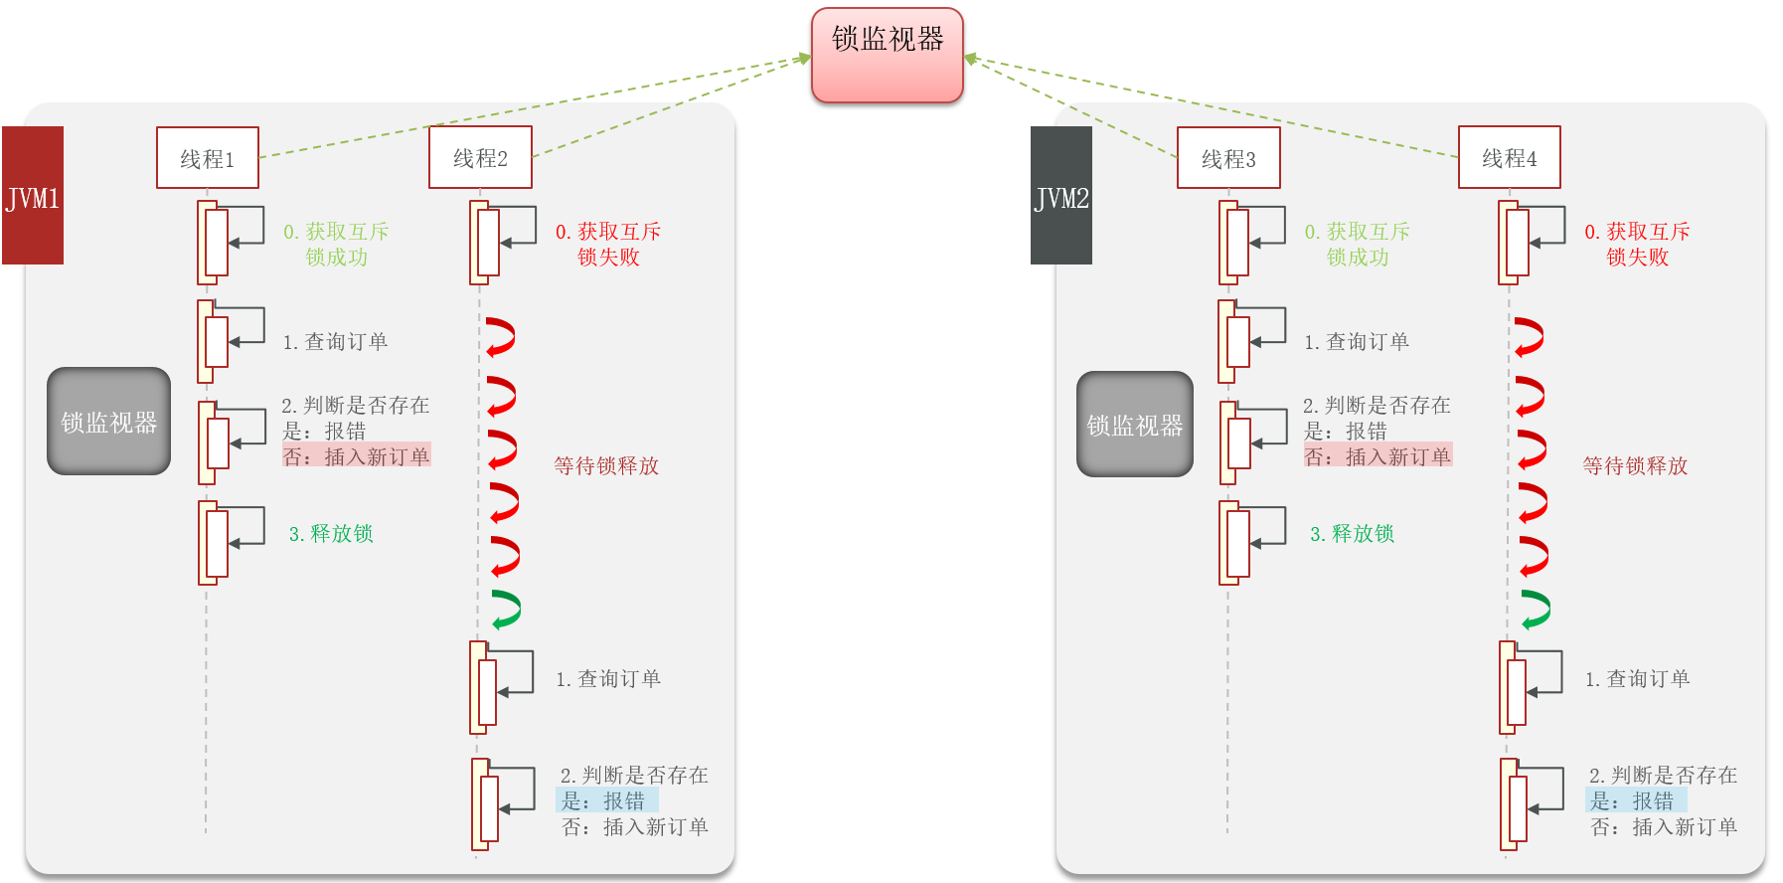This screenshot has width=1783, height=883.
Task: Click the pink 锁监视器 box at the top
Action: tap(887, 55)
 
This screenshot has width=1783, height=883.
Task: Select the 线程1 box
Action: tap(208, 158)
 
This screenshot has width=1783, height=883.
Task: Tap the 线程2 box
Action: tap(480, 157)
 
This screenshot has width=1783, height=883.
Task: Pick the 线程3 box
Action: tap(1228, 158)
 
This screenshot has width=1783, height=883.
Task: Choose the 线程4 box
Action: tap(1509, 157)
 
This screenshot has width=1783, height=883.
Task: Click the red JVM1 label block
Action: tap(33, 196)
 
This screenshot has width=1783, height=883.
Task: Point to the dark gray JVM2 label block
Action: tap(1061, 196)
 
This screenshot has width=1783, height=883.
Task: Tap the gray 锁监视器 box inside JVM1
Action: tap(109, 422)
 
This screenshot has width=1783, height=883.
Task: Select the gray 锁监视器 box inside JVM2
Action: tap(1135, 425)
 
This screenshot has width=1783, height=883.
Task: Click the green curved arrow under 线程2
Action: tap(506, 609)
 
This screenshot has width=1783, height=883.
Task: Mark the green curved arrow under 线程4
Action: tap(1536, 609)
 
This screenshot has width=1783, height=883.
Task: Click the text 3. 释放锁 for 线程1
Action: tap(331, 534)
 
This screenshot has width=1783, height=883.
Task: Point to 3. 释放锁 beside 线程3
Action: tap(1352, 534)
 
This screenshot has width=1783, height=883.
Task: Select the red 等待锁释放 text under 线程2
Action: tap(606, 466)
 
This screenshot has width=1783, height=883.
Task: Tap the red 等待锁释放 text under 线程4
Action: tap(1635, 466)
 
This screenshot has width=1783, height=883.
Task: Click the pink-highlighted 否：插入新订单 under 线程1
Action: tap(356, 456)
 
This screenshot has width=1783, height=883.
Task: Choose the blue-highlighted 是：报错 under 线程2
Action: tap(604, 800)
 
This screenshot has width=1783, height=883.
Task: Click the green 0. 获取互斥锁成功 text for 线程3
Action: tap(1357, 245)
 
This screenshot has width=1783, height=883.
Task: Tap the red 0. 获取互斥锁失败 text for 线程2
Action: tap(608, 245)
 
